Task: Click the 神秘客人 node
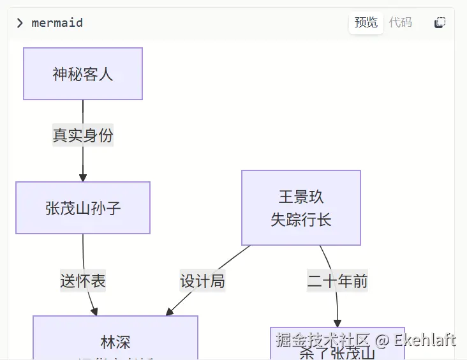(83, 74)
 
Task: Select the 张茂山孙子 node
(83, 208)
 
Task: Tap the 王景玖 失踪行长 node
(301, 208)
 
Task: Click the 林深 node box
(115, 338)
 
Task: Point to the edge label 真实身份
(83, 135)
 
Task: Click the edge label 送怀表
(83, 281)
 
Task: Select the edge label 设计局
(202, 281)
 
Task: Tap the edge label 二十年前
(337, 281)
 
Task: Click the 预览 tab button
(366, 23)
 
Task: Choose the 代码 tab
(401, 23)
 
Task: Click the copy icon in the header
(440, 23)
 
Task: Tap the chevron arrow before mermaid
(20, 23)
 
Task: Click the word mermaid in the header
(57, 23)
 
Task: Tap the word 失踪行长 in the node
(301, 220)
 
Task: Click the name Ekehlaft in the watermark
(425, 340)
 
